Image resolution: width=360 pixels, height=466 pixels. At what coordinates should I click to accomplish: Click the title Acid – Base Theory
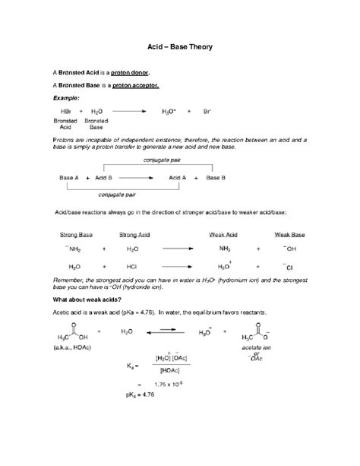point(179,47)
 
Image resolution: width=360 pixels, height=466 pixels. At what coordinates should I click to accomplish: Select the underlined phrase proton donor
point(131,72)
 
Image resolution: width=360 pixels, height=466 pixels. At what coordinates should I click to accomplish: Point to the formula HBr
point(63,111)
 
